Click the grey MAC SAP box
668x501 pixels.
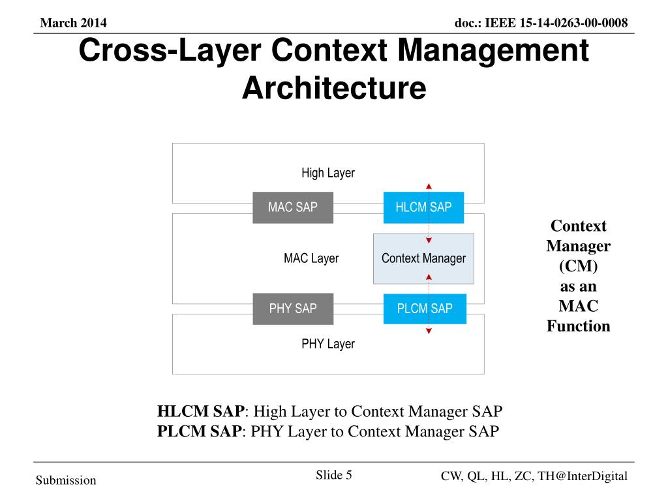(293, 207)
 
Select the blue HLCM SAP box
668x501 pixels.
(423, 207)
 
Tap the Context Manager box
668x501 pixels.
(423, 258)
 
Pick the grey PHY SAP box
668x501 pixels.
(293, 309)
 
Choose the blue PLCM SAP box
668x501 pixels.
(425, 309)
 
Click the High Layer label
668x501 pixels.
(327, 173)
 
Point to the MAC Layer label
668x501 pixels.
(311, 258)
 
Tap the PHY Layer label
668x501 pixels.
(327, 344)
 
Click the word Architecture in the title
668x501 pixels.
(333, 87)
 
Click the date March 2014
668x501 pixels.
(73, 23)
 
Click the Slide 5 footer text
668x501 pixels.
(334, 475)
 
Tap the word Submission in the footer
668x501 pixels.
(66, 481)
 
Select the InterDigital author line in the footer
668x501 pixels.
(534, 476)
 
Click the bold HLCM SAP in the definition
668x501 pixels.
(200, 412)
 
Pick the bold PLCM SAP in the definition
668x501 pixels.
(199, 431)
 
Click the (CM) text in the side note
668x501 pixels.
(578, 266)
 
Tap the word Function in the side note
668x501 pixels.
(578, 326)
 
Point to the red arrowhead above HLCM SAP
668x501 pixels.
(429, 187)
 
